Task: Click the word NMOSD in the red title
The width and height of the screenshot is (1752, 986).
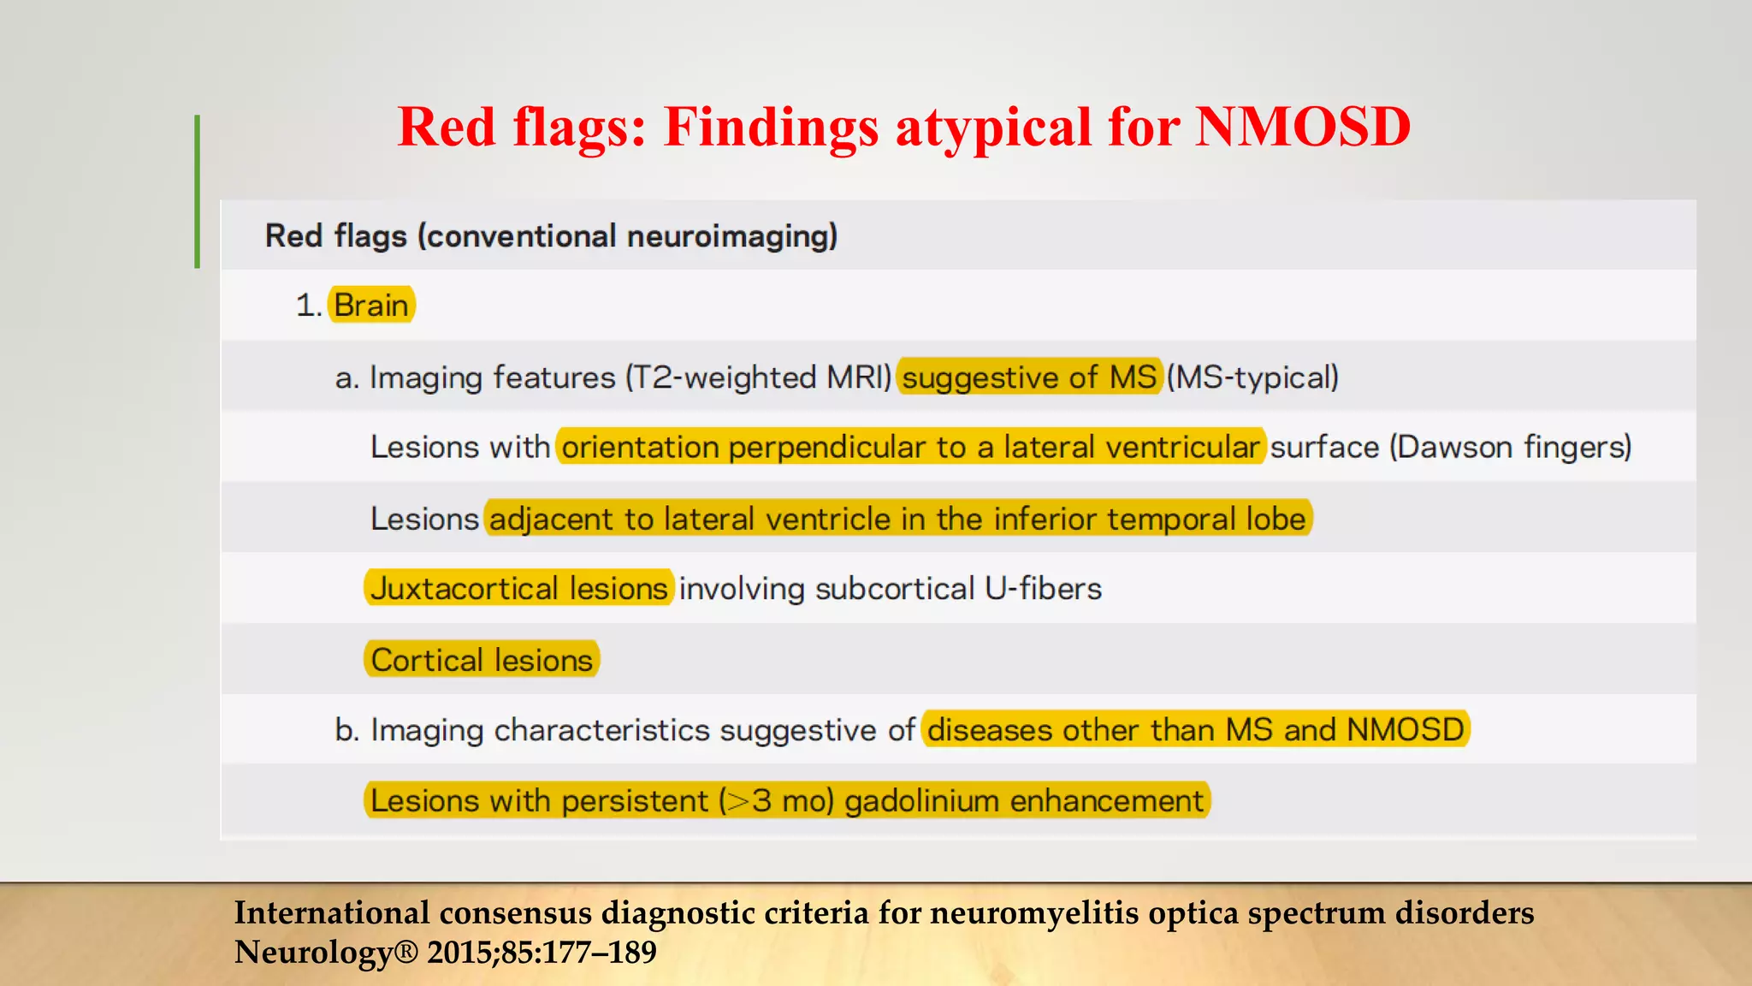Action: (1302, 127)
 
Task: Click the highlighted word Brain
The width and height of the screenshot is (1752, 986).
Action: (371, 305)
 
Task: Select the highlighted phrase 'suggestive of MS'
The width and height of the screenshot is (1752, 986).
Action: (1029, 377)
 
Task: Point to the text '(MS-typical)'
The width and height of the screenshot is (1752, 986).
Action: (1253, 377)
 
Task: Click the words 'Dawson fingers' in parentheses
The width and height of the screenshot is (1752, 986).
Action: (1510, 447)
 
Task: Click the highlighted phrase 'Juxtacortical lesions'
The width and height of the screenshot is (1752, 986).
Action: (518, 589)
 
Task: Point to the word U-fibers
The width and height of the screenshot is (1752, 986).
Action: (1043, 589)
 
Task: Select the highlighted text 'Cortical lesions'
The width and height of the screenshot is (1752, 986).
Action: (482, 660)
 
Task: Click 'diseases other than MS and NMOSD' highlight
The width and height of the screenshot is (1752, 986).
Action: (1195, 730)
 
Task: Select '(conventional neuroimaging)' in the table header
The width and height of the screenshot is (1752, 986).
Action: (627, 235)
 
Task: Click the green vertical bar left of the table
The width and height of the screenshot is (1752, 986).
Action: (198, 192)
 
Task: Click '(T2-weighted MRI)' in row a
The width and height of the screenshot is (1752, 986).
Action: (759, 377)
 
